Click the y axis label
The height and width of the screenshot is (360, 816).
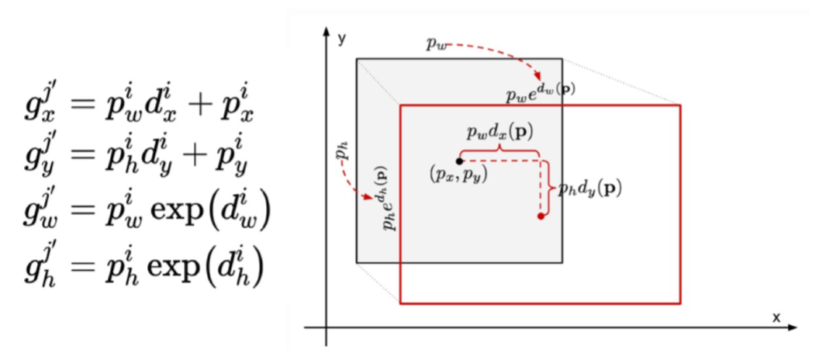click(341, 38)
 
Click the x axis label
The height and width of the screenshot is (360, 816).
click(775, 317)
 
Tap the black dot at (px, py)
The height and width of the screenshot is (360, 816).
click(459, 161)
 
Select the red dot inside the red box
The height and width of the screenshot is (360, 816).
click(541, 216)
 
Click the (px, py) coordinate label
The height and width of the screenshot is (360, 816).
click(458, 175)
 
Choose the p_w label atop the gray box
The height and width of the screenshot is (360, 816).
click(435, 45)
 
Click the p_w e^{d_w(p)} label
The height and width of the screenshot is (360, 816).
click(541, 92)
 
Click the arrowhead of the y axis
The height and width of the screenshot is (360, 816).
click(327, 35)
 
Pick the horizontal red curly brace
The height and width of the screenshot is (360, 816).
click(499, 148)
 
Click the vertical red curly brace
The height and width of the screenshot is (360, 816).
click(548, 187)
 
